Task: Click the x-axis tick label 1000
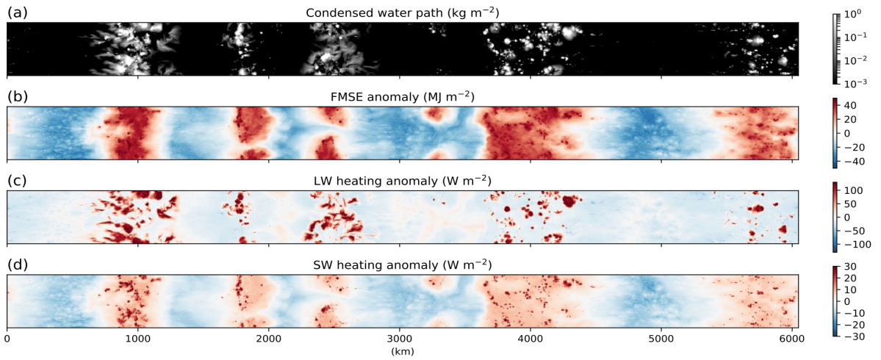(x=137, y=339)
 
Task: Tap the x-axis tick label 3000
(x=400, y=339)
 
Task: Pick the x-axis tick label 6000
(x=792, y=339)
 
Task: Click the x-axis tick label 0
(x=7, y=339)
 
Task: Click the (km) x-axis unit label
(x=403, y=352)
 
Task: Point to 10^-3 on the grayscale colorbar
(x=852, y=82)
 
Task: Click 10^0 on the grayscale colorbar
(x=852, y=14)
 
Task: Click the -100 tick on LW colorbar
(x=852, y=243)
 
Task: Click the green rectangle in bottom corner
(x=848, y=351)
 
